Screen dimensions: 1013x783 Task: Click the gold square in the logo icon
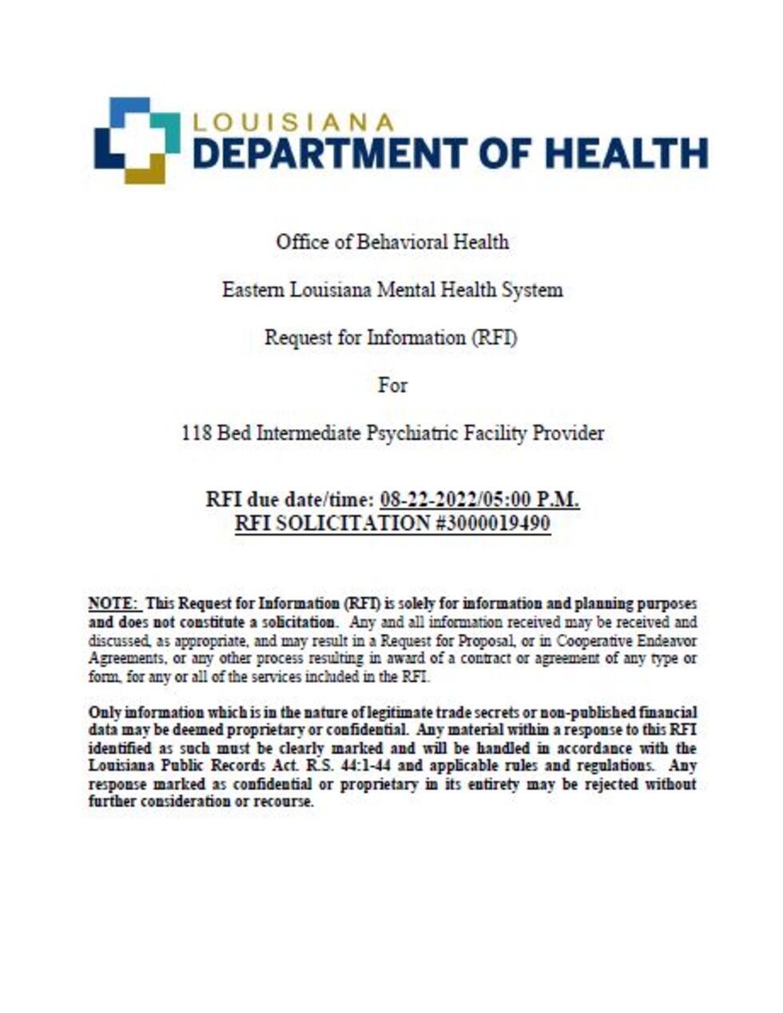[145, 169]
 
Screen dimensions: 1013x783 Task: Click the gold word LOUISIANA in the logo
[293, 122]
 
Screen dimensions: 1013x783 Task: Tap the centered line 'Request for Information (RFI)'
[391, 337]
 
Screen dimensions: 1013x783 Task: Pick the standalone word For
[392, 385]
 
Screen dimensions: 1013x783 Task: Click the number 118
[197, 433]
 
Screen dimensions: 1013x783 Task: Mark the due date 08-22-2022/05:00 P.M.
[479, 500]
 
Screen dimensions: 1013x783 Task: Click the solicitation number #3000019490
[491, 524]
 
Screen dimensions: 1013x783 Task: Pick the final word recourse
[282, 802]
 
